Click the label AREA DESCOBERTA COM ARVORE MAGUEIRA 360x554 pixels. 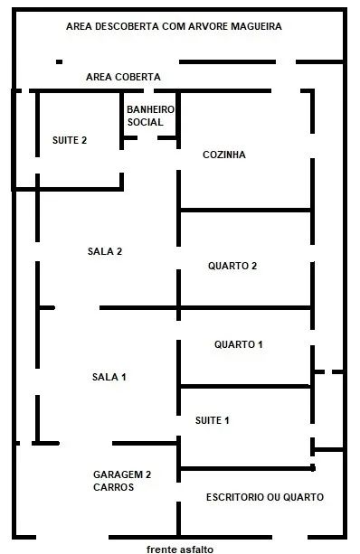click(174, 26)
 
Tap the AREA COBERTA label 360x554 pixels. click(123, 77)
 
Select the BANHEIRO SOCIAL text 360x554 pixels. click(151, 116)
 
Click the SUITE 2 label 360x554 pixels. click(70, 140)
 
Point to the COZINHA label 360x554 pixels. click(224, 155)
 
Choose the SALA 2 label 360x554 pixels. click(105, 251)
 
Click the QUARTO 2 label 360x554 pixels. click(232, 266)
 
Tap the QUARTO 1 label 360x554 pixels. click(239, 344)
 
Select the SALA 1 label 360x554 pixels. click(109, 377)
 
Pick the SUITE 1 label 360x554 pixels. click(213, 420)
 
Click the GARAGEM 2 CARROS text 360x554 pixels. click(122, 481)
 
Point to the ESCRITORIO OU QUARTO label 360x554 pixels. click(265, 497)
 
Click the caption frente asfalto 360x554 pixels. click(180, 549)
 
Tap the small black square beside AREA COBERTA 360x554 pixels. click(59, 61)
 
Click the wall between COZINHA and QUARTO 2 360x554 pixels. click(245, 211)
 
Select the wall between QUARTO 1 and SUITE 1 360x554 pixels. click(245, 386)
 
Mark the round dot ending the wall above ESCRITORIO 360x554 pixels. click(313, 468)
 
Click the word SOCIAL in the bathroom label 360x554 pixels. click(146, 122)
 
